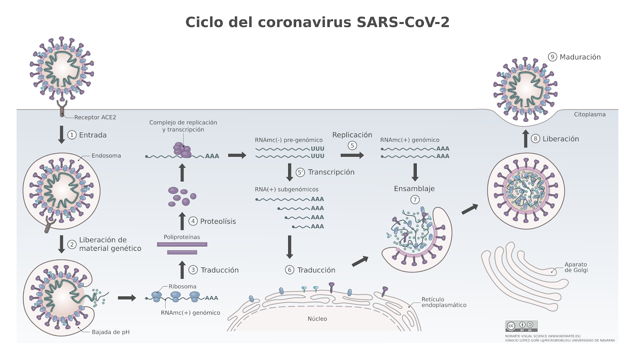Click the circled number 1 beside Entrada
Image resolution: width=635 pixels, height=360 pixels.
[72, 135]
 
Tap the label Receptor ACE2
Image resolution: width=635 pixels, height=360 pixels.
[95, 117]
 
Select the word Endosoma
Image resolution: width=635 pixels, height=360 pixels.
[106, 156]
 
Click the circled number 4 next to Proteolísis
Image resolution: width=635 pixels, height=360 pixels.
[193, 221]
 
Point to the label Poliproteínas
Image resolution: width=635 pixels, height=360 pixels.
[182, 237]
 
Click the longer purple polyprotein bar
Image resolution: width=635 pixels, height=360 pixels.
[182, 244]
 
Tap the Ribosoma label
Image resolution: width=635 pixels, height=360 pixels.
[182, 287]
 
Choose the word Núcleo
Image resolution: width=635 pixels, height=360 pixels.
[317, 319]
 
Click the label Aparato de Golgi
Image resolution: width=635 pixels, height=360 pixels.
[576, 267]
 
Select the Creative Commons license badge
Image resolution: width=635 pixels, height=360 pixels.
[521, 326]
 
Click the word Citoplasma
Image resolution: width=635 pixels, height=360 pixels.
[589, 114]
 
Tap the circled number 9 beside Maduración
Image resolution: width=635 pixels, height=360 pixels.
[552, 57]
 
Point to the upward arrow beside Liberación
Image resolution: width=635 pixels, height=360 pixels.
[525, 139]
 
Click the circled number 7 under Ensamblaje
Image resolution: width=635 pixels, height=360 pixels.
[415, 200]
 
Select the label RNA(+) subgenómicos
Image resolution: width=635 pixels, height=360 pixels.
[287, 189]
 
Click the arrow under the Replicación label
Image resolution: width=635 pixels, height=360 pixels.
[352, 155]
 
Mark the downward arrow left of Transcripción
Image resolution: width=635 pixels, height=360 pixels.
[290, 172]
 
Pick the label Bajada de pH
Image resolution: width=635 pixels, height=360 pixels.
[110, 332]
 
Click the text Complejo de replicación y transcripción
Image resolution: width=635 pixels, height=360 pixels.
[183, 126]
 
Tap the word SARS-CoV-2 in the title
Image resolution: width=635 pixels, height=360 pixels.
[403, 22]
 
